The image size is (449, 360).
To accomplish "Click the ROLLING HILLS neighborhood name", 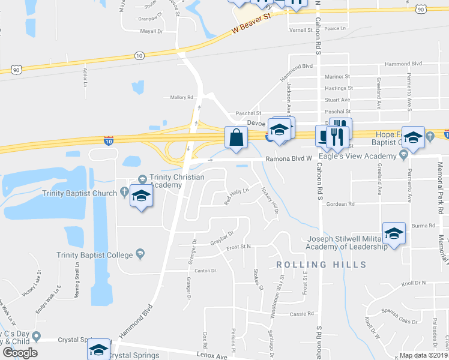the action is coord(321,265).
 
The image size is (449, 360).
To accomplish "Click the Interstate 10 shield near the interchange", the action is coord(108,142).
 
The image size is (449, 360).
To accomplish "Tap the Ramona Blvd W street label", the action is coord(290,159).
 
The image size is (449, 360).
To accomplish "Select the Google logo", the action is coord(20,353).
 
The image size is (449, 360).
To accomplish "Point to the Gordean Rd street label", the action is coord(341,204).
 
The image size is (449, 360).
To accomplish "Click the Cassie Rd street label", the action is coord(302,314).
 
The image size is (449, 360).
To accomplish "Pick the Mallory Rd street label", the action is coord(182,97).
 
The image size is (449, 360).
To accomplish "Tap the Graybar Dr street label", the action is coord(221,238).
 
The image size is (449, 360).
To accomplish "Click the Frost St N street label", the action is coord(238,247).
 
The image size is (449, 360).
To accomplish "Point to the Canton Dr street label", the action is coord(205,271).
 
